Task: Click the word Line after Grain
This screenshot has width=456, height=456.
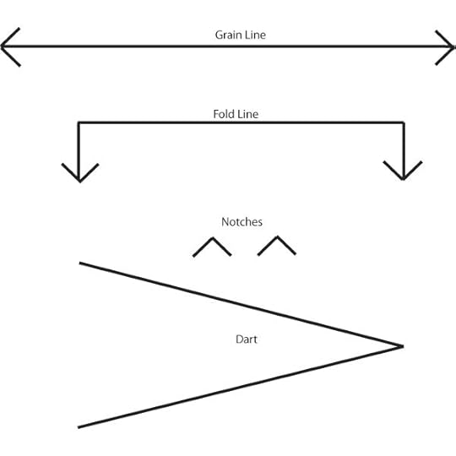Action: coord(255,35)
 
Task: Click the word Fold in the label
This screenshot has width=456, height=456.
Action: coord(223,112)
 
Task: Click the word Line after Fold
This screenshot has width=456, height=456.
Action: coord(247,112)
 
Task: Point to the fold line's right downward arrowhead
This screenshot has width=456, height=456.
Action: coord(404,174)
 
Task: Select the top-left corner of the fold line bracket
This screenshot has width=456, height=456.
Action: coord(79,123)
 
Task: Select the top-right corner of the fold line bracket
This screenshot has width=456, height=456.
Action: coord(404,123)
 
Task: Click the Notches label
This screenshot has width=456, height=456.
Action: coord(242,222)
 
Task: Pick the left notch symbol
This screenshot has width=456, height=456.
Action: coord(212,247)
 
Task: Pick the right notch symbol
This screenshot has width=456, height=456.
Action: coord(276,246)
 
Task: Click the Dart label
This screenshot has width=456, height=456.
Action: coord(246,339)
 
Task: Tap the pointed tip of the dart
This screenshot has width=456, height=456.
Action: coord(402,345)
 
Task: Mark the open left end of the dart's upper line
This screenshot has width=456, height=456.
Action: coord(81,263)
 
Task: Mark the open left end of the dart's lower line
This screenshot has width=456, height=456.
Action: coord(80,426)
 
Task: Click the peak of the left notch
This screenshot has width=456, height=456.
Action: coord(213,239)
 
